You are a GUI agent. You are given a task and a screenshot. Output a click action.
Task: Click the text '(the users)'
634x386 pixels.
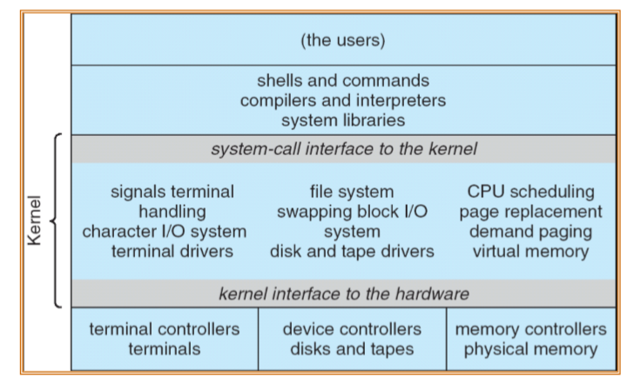pyautogui.click(x=343, y=40)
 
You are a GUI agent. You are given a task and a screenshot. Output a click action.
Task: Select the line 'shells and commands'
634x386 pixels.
pyautogui.click(x=343, y=81)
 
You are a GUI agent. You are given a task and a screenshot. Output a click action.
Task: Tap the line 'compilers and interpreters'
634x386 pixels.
pyautogui.click(x=343, y=100)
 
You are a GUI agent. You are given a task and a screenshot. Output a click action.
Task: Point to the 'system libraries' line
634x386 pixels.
pyautogui.click(x=343, y=119)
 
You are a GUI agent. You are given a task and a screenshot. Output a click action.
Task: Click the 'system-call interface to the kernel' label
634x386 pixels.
pyautogui.click(x=343, y=149)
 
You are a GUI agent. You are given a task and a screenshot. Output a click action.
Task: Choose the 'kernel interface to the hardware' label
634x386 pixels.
pyautogui.click(x=343, y=294)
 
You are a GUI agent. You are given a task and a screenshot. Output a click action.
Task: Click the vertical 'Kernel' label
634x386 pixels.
pyautogui.click(x=34, y=220)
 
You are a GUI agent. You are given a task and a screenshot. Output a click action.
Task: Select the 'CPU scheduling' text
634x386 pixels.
pyautogui.click(x=530, y=191)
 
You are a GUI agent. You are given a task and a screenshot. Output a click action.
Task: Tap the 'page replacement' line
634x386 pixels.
pyautogui.click(x=530, y=212)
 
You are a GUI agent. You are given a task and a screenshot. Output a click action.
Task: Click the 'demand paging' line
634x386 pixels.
pyautogui.click(x=530, y=232)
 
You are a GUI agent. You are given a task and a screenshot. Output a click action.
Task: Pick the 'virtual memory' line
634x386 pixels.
pyautogui.click(x=530, y=253)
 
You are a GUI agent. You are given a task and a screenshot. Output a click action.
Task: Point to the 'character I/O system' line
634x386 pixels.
pyautogui.click(x=164, y=232)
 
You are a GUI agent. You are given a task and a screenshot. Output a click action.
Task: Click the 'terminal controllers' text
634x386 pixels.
pyautogui.click(x=164, y=329)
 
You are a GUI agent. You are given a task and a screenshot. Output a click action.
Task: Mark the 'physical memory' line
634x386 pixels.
pyautogui.click(x=530, y=349)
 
